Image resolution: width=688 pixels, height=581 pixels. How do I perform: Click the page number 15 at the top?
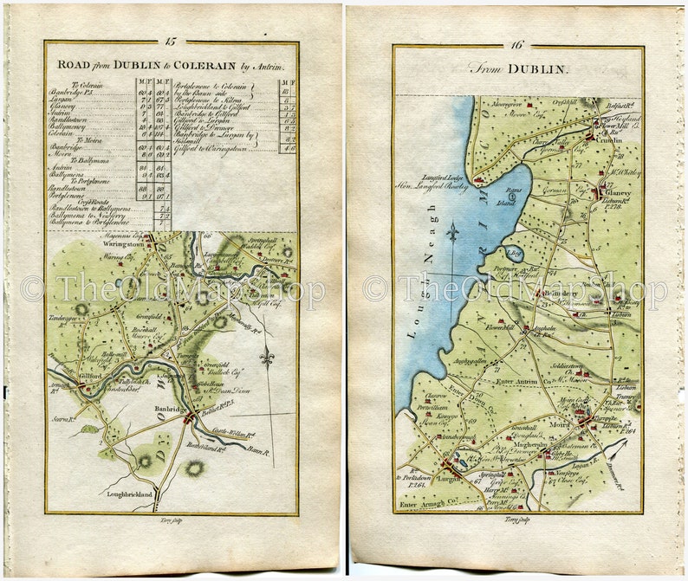click(171, 41)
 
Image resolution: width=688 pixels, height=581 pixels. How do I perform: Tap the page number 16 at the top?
click(518, 45)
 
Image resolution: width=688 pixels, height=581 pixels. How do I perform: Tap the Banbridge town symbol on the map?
click(189, 418)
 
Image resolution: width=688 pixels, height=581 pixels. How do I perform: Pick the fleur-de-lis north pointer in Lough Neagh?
click(451, 232)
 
